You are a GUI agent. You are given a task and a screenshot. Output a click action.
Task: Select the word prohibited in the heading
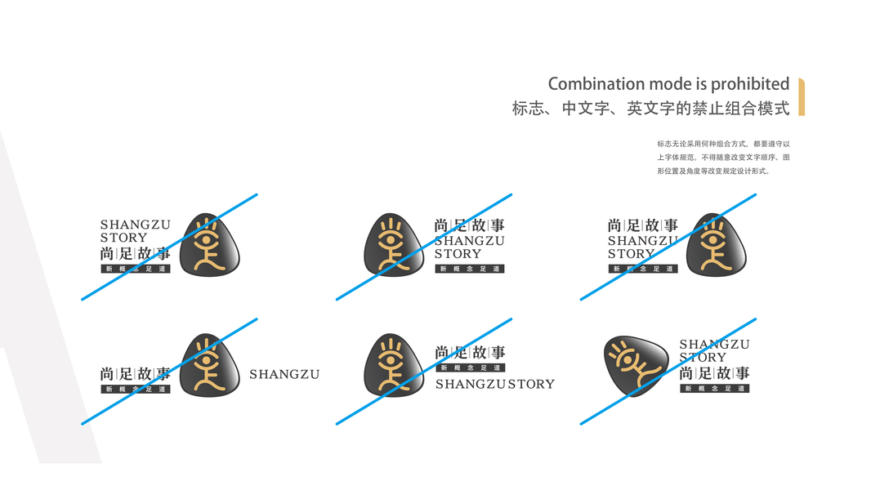[x=750, y=84]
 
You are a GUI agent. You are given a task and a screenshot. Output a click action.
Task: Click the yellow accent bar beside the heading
[x=802, y=96]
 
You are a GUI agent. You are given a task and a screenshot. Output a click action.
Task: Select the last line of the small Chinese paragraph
[x=713, y=171]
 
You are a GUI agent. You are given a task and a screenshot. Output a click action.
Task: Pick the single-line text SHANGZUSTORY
[x=494, y=384]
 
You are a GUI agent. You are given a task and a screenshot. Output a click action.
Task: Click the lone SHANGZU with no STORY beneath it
[x=284, y=375]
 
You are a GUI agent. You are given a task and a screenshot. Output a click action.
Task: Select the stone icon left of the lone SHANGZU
[x=209, y=363]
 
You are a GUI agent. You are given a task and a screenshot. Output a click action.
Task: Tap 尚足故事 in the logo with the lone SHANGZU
[x=136, y=374]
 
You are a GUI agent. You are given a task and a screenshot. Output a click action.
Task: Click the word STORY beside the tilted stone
[x=703, y=358]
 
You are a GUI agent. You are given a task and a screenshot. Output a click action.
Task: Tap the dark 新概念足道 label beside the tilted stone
[x=714, y=389]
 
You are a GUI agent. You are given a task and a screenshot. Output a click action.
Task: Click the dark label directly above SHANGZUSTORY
[x=469, y=367]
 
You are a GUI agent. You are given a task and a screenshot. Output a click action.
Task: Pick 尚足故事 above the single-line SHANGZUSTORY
[x=470, y=353]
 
